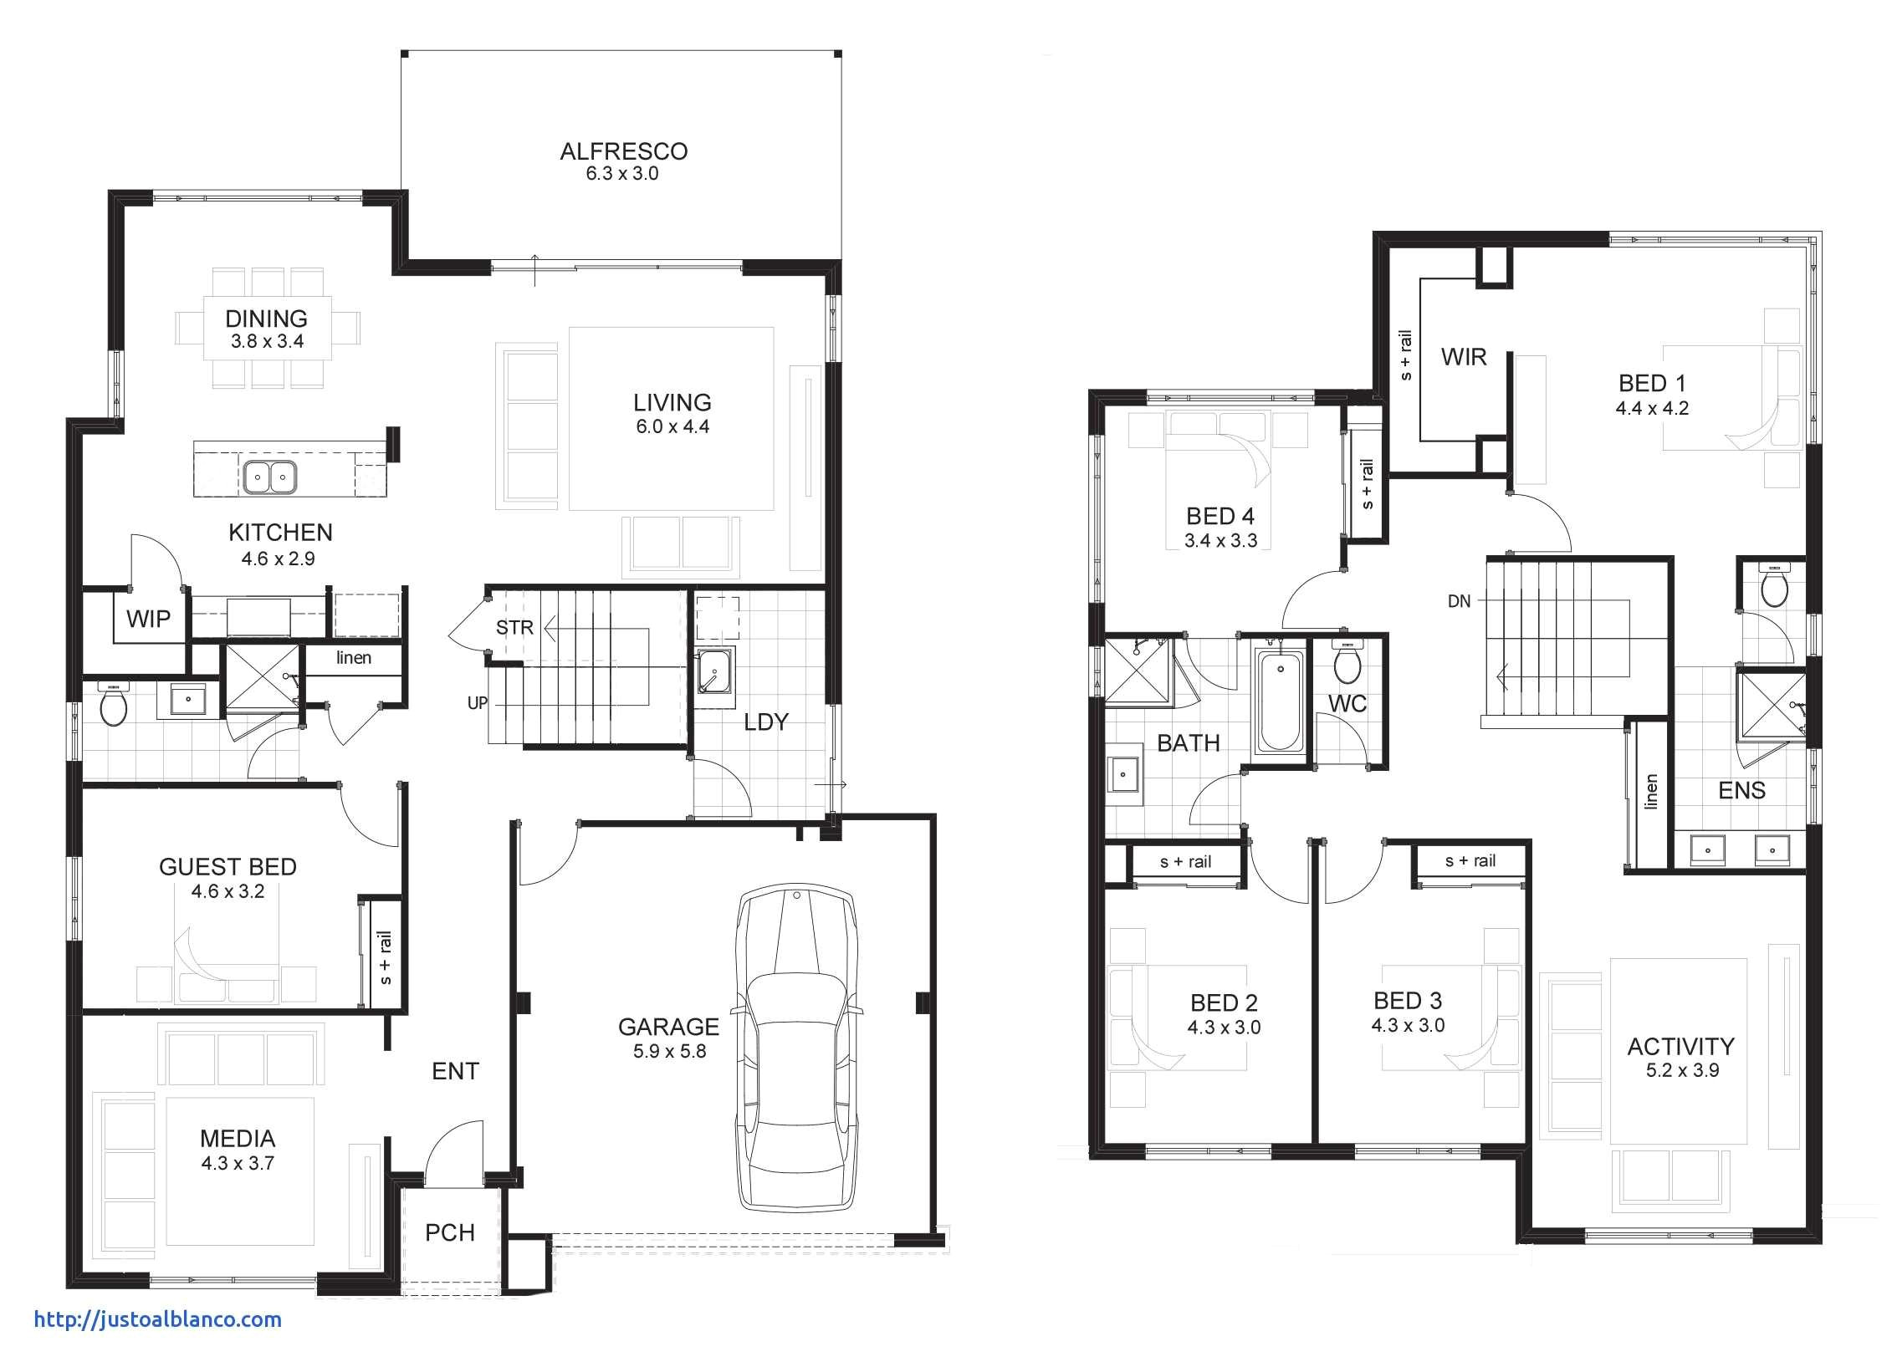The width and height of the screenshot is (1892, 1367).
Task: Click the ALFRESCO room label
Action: click(x=623, y=151)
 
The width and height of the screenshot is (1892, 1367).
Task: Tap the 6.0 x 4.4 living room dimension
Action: click(x=672, y=426)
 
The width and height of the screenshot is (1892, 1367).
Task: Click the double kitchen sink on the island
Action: click(x=270, y=477)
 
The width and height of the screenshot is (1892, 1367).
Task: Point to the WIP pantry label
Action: click(x=148, y=619)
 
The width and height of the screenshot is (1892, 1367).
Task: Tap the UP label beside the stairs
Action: click(x=477, y=703)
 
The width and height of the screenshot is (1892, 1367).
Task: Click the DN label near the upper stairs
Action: click(x=1459, y=600)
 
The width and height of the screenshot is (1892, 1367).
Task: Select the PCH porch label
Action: click(x=450, y=1232)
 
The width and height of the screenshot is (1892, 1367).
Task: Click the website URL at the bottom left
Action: click(x=157, y=1319)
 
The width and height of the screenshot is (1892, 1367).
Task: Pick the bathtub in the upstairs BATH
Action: click(x=1279, y=701)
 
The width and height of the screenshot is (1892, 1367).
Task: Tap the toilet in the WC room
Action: click(x=1347, y=664)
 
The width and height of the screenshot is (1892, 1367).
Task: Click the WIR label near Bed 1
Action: click(x=1464, y=357)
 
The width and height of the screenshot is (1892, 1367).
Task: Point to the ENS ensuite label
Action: click(x=1741, y=790)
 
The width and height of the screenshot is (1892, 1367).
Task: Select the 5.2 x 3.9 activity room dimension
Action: click(x=1682, y=1070)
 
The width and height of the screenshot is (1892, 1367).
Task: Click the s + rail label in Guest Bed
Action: click(x=385, y=957)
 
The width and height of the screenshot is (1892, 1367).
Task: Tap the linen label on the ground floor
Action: click(x=354, y=658)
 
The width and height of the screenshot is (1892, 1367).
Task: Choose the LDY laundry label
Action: click(x=766, y=722)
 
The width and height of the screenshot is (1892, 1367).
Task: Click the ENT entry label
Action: click(x=455, y=1071)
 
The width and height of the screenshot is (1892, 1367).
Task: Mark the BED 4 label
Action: click(x=1220, y=516)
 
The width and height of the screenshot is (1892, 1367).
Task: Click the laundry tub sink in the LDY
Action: click(x=714, y=671)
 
